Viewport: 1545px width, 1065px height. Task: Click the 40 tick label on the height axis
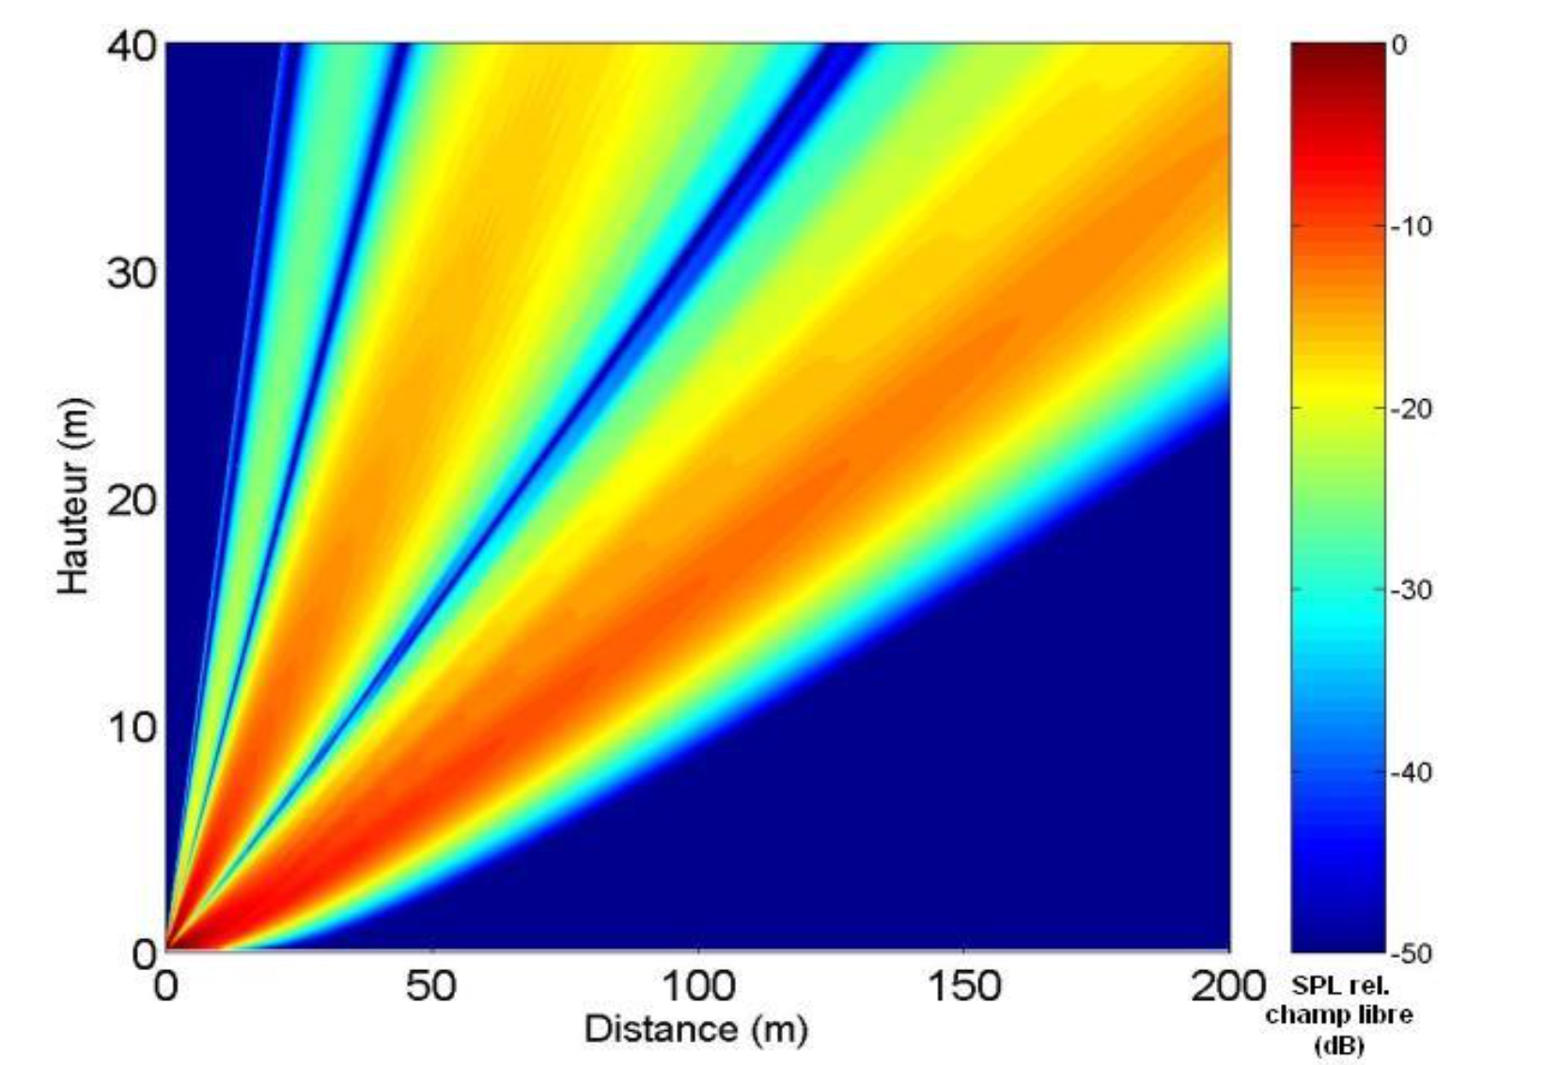click(130, 46)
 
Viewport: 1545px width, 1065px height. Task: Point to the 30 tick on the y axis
click(130, 273)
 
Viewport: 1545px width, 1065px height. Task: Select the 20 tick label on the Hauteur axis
click(130, 501)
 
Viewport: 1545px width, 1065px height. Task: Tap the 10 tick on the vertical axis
click(130, 727)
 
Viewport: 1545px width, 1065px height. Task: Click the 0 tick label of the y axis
click(144, 954)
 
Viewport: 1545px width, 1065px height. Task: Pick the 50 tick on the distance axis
click(431, 986)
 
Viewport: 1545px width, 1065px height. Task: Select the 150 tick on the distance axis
click(964, 986)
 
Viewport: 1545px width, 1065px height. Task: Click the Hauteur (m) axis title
click(73, 498)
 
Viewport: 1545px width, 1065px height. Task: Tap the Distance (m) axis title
click(695, 1028)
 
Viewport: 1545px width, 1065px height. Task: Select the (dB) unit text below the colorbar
click(1339, 1044)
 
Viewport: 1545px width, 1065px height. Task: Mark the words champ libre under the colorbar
click(1339, 1015)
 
